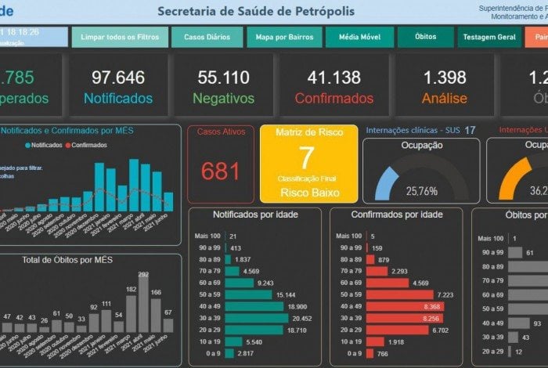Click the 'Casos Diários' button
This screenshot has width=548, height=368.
coord(207,37)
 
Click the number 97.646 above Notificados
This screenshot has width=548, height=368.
coord(117,78)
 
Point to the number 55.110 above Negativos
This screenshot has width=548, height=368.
coord(223,78)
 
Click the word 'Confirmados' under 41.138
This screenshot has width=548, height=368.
coord(333,99)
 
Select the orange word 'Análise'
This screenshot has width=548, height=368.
coord(444,99)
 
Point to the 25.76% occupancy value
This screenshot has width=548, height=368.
coord(421,191)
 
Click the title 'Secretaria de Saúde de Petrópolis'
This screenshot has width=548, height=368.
coord(256,11)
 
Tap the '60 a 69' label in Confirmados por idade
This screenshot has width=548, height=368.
coord(348,283)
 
